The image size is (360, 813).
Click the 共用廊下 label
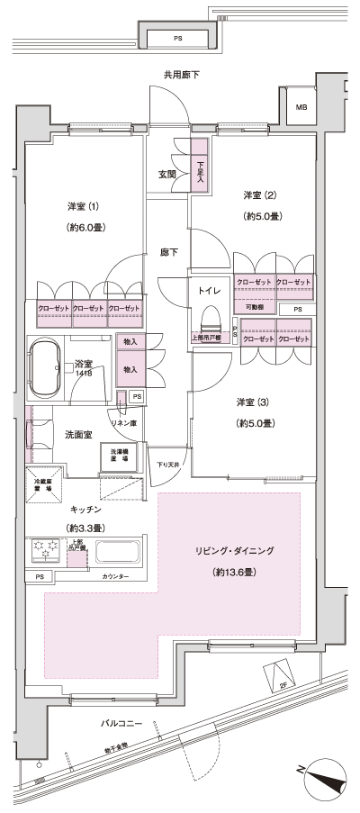[181, 75]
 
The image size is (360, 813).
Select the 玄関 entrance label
[168, 175]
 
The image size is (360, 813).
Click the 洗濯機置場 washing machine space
[118, 456]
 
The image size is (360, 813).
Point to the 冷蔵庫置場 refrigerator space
[43, 483]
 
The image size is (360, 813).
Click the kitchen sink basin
[117, 551]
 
